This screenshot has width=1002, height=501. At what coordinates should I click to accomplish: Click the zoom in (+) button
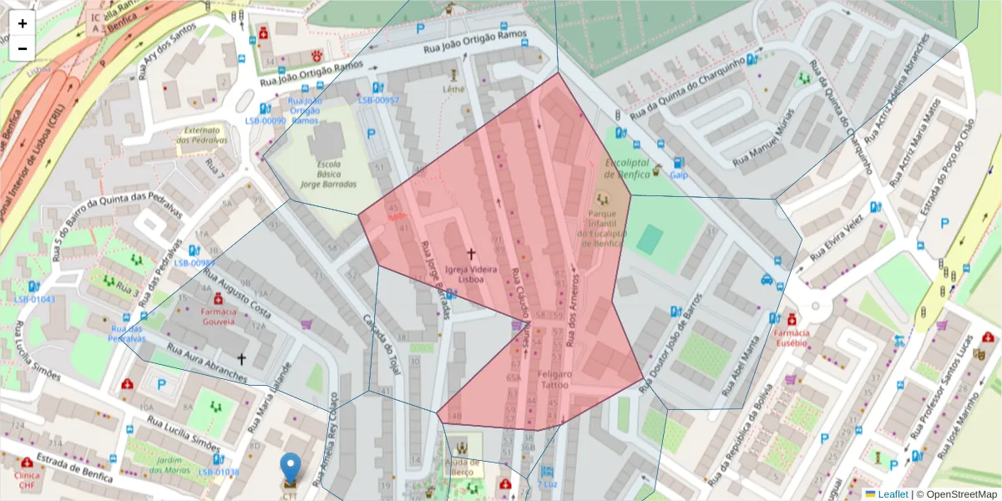tap(23, 23)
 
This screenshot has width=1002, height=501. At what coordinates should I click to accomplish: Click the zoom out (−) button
tap(23, 48)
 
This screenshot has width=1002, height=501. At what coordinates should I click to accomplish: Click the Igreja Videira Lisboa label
tap(471, 275)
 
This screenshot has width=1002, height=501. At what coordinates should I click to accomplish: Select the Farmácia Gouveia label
tap(218, 315)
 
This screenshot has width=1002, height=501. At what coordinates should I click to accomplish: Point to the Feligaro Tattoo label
tap(554, 379)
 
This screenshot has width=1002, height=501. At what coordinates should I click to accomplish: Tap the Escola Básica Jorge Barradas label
tap(329, 174)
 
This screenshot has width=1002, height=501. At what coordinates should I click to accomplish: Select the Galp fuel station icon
tap(678, 163)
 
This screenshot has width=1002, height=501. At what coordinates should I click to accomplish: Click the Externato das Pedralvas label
tap(201, 134)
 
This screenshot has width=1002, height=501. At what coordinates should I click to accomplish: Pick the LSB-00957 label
tap(378, 100)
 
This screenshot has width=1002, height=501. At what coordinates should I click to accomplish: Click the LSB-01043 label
tap(35, 299)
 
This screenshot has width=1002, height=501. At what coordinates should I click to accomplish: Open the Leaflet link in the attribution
tap(892, 494)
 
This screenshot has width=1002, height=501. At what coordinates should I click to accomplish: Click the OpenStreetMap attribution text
tap(957, 494)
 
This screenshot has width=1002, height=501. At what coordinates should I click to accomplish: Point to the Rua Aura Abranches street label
tap(207, 365)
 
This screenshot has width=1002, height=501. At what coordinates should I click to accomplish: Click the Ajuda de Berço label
tap(462, 467)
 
